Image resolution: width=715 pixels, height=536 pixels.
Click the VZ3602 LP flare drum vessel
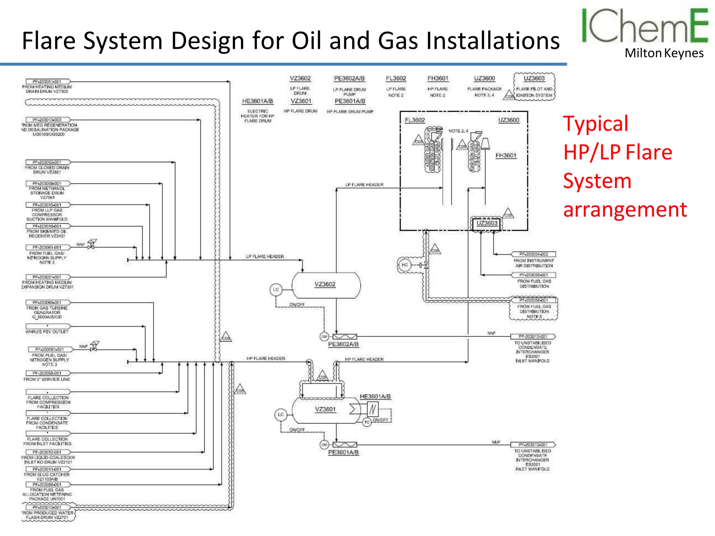click(326, 285)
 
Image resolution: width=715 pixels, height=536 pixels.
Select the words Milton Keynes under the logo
click(664, 53)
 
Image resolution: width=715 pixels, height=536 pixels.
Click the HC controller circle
click(404, 265)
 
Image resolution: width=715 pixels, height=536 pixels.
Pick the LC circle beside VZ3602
click(276, 290)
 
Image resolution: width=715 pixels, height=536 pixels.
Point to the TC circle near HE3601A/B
click(367, 422)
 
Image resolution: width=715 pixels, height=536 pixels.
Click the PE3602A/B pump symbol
click(345, 337)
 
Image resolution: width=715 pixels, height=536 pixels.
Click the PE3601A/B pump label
click(343, 453)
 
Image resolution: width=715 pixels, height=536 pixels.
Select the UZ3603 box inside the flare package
click(487, 223)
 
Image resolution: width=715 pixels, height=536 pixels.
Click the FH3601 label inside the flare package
click(506, 156)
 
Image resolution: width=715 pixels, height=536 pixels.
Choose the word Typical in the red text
click(596, 124)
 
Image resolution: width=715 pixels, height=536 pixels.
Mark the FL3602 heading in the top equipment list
click(396, 79)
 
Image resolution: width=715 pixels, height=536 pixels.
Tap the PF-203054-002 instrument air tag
click(533, 254)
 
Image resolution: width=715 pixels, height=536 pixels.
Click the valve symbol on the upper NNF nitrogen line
click(91, 245)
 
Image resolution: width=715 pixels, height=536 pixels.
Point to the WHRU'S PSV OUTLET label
click(47, 332)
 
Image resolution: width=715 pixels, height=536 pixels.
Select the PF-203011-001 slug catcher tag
click(47, 469)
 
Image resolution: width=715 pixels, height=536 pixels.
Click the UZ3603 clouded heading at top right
click(534, 79)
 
